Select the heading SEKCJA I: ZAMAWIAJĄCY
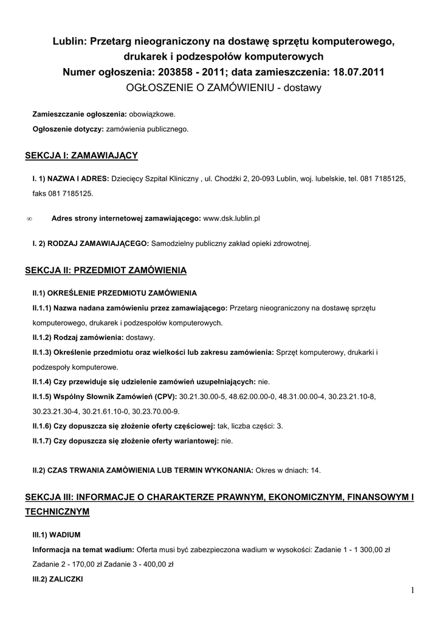pos(81,156)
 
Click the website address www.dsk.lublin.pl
pos(232,217)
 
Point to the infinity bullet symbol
pos(30,218)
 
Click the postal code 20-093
pos(262,179)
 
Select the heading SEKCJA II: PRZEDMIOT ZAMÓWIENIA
pos(106,269)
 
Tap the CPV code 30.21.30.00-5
pos(203,397)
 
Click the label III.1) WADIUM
pos(57,535)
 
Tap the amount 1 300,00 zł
pos(367,550)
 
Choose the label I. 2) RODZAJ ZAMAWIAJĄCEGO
pos(91,244)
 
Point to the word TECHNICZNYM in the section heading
pos(57,512)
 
